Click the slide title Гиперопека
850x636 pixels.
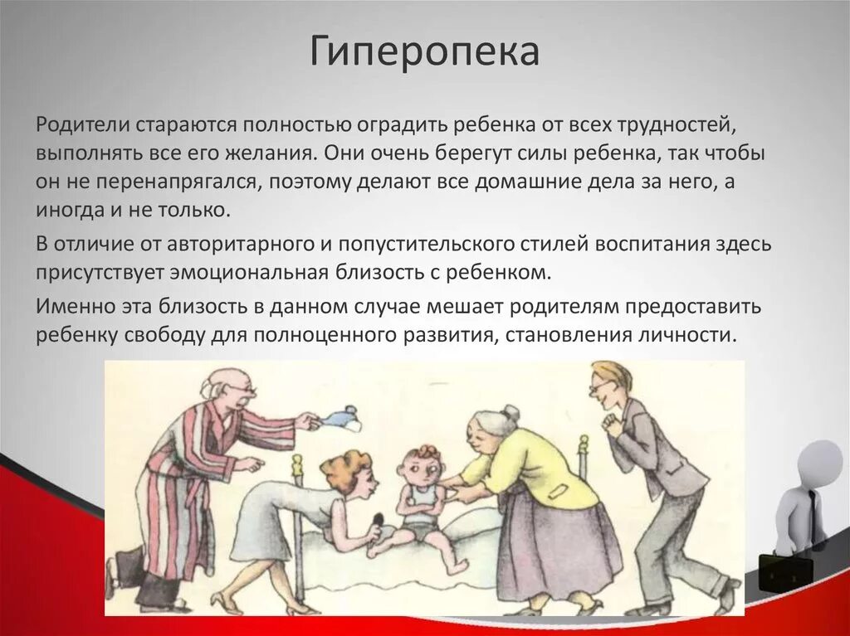(x=425, y=51)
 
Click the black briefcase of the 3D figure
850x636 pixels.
(x=784, y=572)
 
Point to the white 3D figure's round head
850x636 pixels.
(x=819, y=461)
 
